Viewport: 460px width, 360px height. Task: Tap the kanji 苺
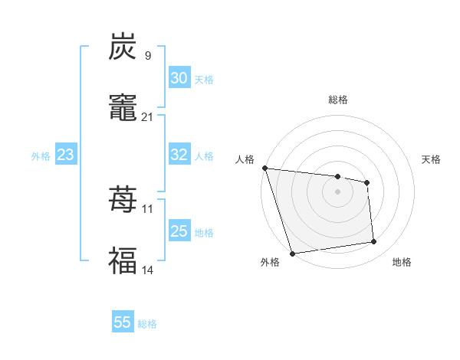[123, 201]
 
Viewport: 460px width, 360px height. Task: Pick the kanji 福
[123, 260]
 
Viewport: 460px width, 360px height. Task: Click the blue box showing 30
[179, 78]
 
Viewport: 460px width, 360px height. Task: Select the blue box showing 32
[179, 155]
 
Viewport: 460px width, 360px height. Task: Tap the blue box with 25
[179, 231]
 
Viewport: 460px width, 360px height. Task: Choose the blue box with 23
[65, 155]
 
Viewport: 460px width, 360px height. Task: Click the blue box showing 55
[123, 322]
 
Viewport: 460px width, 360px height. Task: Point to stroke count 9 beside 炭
[147, 55]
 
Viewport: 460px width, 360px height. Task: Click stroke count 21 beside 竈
[147, 116]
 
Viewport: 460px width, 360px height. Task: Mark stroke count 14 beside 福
[147, 270]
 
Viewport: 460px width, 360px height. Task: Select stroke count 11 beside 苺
[147, 208]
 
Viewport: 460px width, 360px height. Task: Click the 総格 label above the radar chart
[338, 100]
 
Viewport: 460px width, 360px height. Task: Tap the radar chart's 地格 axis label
[402, 263]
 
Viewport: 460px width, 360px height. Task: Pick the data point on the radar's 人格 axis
[264, 168]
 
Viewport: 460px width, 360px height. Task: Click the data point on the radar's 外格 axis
[292, 253]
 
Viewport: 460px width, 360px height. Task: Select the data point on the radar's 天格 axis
[367, 182]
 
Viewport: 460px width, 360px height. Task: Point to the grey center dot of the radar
[338, 191]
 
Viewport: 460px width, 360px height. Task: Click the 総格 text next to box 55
[147, 323]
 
